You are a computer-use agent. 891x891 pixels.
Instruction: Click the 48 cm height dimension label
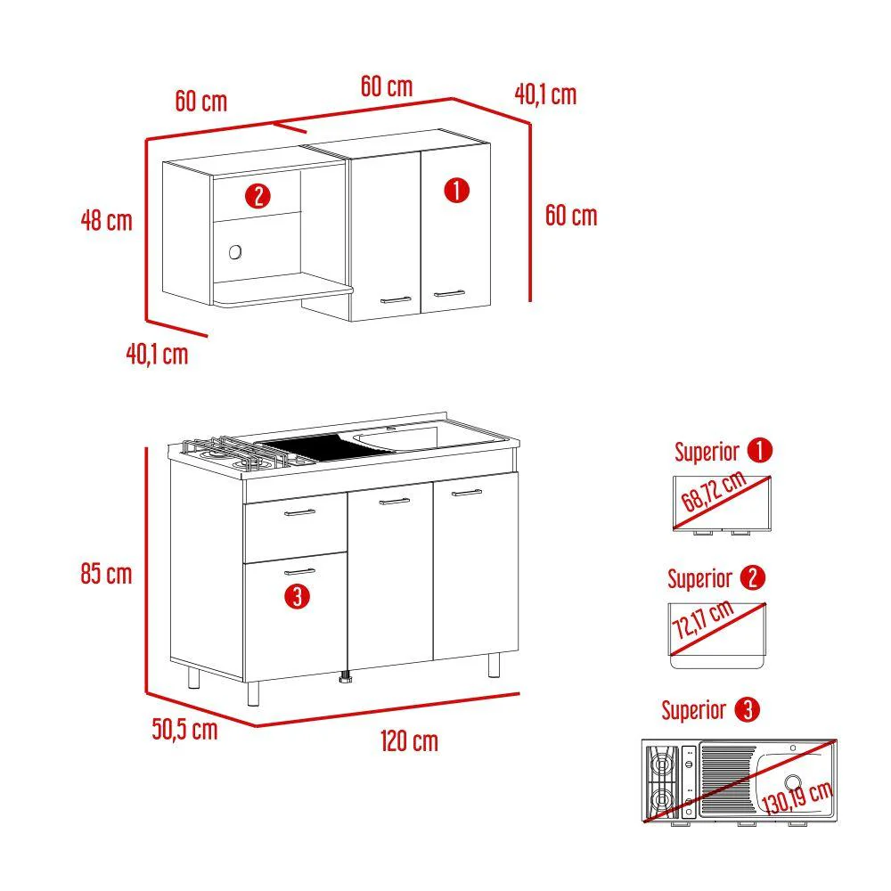(x=106, y=220)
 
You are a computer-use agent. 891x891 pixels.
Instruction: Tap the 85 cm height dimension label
(x=106, y=573)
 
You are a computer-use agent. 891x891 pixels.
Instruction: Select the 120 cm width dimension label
(x=409, y=741)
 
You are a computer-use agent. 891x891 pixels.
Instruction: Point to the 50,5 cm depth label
(x=184, y=729)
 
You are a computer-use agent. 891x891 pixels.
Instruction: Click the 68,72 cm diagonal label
(x=713, y=490)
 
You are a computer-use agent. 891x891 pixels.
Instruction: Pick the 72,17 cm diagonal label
(x=703, y=619)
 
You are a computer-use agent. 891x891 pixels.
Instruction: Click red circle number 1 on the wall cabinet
(x=456, y=191)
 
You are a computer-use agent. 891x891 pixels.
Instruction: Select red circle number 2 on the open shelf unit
(x=257, y=196)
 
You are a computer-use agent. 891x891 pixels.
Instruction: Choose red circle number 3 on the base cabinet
(x=298, y=597)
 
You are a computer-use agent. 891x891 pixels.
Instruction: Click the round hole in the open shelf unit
(x=235, y=252)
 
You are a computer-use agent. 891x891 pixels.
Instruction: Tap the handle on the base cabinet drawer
(x=299, y=512)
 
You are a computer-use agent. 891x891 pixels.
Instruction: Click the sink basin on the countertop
(x=397, y=438)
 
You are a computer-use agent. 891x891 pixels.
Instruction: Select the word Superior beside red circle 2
(x=699, y=579)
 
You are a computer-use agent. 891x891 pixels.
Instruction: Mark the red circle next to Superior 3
(x=748, y=710)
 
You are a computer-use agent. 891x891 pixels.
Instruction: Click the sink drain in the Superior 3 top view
(x=793, y=782)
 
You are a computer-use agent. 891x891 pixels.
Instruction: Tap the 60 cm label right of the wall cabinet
(x=571, y=216)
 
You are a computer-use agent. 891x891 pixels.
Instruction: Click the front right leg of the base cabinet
(x=494, y=666)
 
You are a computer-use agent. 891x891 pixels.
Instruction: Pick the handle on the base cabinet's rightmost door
(x=467, y=493)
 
